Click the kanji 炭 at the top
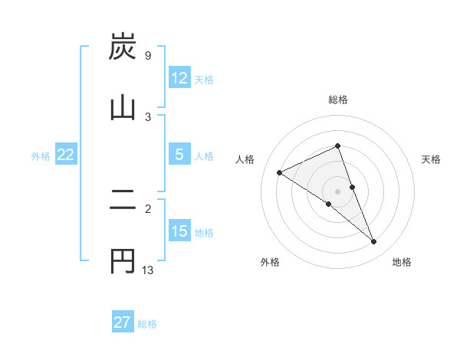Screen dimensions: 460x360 pos(123,47)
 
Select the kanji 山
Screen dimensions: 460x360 pos(123,107)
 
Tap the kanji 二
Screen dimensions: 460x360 pos(123,202)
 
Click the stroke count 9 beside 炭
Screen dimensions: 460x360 pos(147,56)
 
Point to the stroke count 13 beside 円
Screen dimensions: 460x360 pos(148,270)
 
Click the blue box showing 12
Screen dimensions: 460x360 pos(179,78)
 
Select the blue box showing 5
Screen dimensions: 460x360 pos(179,155)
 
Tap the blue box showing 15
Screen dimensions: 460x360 pos(179,231)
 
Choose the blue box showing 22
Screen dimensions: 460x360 pos(66,155)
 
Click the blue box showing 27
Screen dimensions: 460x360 pos(123,322)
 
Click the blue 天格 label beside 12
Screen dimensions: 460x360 pos(204,79)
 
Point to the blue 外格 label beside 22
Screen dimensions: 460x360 pos(41,155)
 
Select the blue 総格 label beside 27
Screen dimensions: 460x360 pos(147,323)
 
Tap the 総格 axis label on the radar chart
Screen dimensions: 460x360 pos(338,100)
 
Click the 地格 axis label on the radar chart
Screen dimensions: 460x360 pos(402,262)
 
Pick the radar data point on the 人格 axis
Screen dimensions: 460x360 pos(280,172)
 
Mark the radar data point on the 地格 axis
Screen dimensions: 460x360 pos(374,242)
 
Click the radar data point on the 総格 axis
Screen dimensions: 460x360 pos(338,146)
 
